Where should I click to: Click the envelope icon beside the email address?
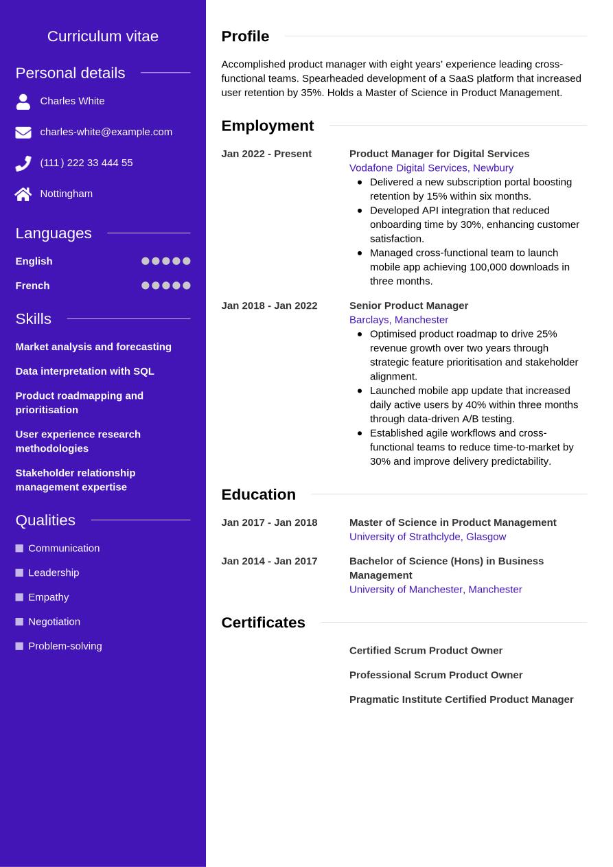(23, 132)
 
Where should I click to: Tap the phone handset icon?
(23, 163)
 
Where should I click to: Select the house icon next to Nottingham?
(23, 194)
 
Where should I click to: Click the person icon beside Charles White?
(23, 102)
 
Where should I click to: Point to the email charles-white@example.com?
(106, 132)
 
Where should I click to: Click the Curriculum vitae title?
(103, 36)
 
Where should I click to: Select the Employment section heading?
(267, 126)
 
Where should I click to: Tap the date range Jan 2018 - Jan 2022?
(269, 305)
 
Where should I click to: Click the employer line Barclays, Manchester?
(398, 320)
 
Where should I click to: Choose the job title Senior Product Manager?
(408, 305)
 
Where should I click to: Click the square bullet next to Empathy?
(19, 597)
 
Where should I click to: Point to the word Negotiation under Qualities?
(54, 622)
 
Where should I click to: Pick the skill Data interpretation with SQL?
(84, 371)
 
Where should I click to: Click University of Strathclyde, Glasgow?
(427, 537)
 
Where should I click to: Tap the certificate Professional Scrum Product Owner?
(435, 675)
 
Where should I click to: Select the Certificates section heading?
(263, 623)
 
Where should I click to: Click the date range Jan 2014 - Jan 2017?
(269, 562)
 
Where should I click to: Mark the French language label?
(32, 286)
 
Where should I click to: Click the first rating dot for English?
(146, 261)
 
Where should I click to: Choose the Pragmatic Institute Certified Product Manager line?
(461, 700)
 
